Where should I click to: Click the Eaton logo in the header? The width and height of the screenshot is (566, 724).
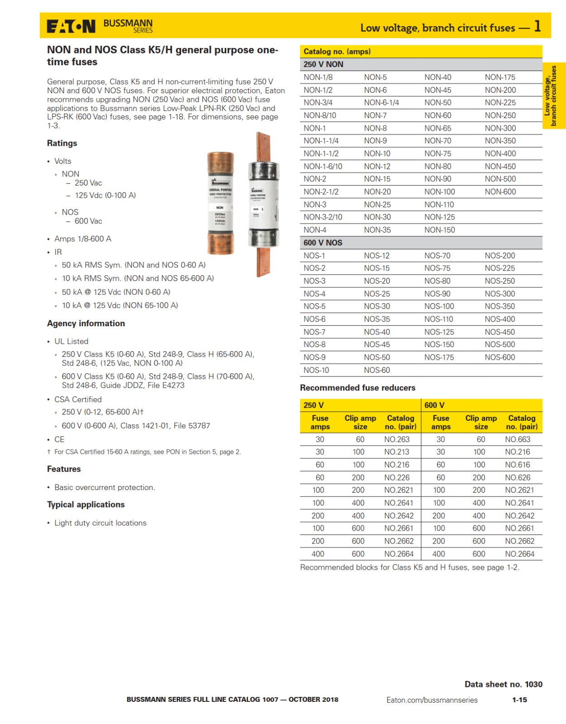[x=71, y=27]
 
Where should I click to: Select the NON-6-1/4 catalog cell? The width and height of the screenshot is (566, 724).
[x=381, y=103]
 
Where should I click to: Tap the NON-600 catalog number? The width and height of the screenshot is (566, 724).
[x=500, y=192]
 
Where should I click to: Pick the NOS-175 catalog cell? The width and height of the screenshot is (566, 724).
[x=439, y=357]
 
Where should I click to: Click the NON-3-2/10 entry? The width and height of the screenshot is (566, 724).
[x=323, y=217]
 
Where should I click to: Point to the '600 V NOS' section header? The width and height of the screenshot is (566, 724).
[x=323, y=243]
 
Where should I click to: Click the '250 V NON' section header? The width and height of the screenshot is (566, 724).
[x=323, y=64]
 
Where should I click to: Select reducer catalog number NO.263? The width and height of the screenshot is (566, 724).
[x=397, y=439]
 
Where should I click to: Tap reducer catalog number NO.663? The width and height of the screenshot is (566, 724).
[x=518, y=439]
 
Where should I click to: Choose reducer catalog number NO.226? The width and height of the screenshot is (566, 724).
[x=397, y=478]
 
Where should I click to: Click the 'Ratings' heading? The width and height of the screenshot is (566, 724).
[x=62, y=143]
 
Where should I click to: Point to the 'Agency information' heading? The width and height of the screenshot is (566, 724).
[x=86, y=324]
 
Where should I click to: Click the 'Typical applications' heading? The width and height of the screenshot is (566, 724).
[x=86, y=505]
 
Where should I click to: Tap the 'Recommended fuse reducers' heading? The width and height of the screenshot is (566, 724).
[x=358, y=388]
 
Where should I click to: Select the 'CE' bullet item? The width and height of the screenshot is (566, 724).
[x=59, y=439]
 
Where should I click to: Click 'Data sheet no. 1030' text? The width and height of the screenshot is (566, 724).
[x=503, y=684]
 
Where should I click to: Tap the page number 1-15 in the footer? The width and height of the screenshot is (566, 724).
[x=519, y=700]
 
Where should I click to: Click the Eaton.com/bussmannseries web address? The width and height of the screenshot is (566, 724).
[x=432, y=700]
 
